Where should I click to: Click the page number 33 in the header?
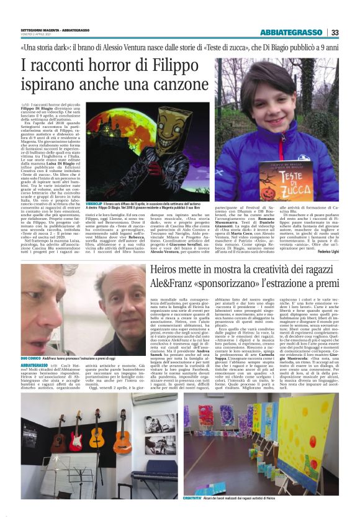[x=335, y=32]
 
